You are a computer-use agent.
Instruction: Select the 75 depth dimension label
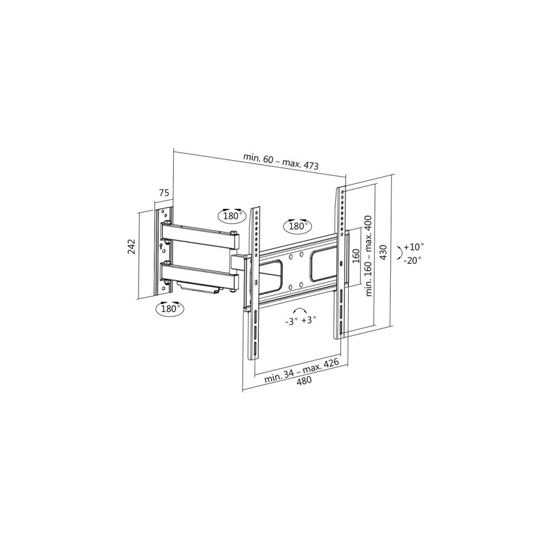tap(164, 193)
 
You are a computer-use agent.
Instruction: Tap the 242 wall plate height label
tap(131, 247)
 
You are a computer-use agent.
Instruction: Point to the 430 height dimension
tap(384, 253)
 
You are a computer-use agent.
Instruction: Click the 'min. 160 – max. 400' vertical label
tap(369, 256)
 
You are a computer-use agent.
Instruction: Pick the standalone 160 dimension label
tap(356, 257)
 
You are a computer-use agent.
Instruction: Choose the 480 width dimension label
tap(304, 381)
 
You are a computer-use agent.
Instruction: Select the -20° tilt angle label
tap(413, 260)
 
